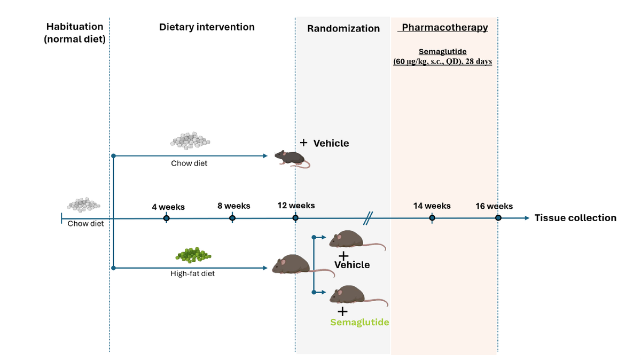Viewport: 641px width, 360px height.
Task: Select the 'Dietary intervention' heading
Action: click(x=207, y=27)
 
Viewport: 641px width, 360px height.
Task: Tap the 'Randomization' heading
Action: click(x=343, y=29)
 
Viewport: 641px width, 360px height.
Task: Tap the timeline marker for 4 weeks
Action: click(x=167, y=218)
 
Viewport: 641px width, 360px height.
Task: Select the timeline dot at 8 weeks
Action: click(x=232, y=218)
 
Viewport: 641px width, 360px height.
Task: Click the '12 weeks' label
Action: click(x=296, y=205)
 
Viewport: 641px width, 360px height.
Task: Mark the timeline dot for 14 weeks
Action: click(x=432, y=218)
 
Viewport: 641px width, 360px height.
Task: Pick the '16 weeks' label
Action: click(x=494, y=206)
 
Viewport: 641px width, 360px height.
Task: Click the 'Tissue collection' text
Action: click(x=575, y=218)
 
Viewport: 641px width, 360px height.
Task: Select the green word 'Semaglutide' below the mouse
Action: click(x=359, y=323)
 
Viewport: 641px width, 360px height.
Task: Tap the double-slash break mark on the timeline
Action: click(x=368, y=218)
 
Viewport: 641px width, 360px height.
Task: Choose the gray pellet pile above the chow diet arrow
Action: click(x=190, y=140)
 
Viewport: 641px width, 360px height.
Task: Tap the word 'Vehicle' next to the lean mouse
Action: click(x=331, y=143)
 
